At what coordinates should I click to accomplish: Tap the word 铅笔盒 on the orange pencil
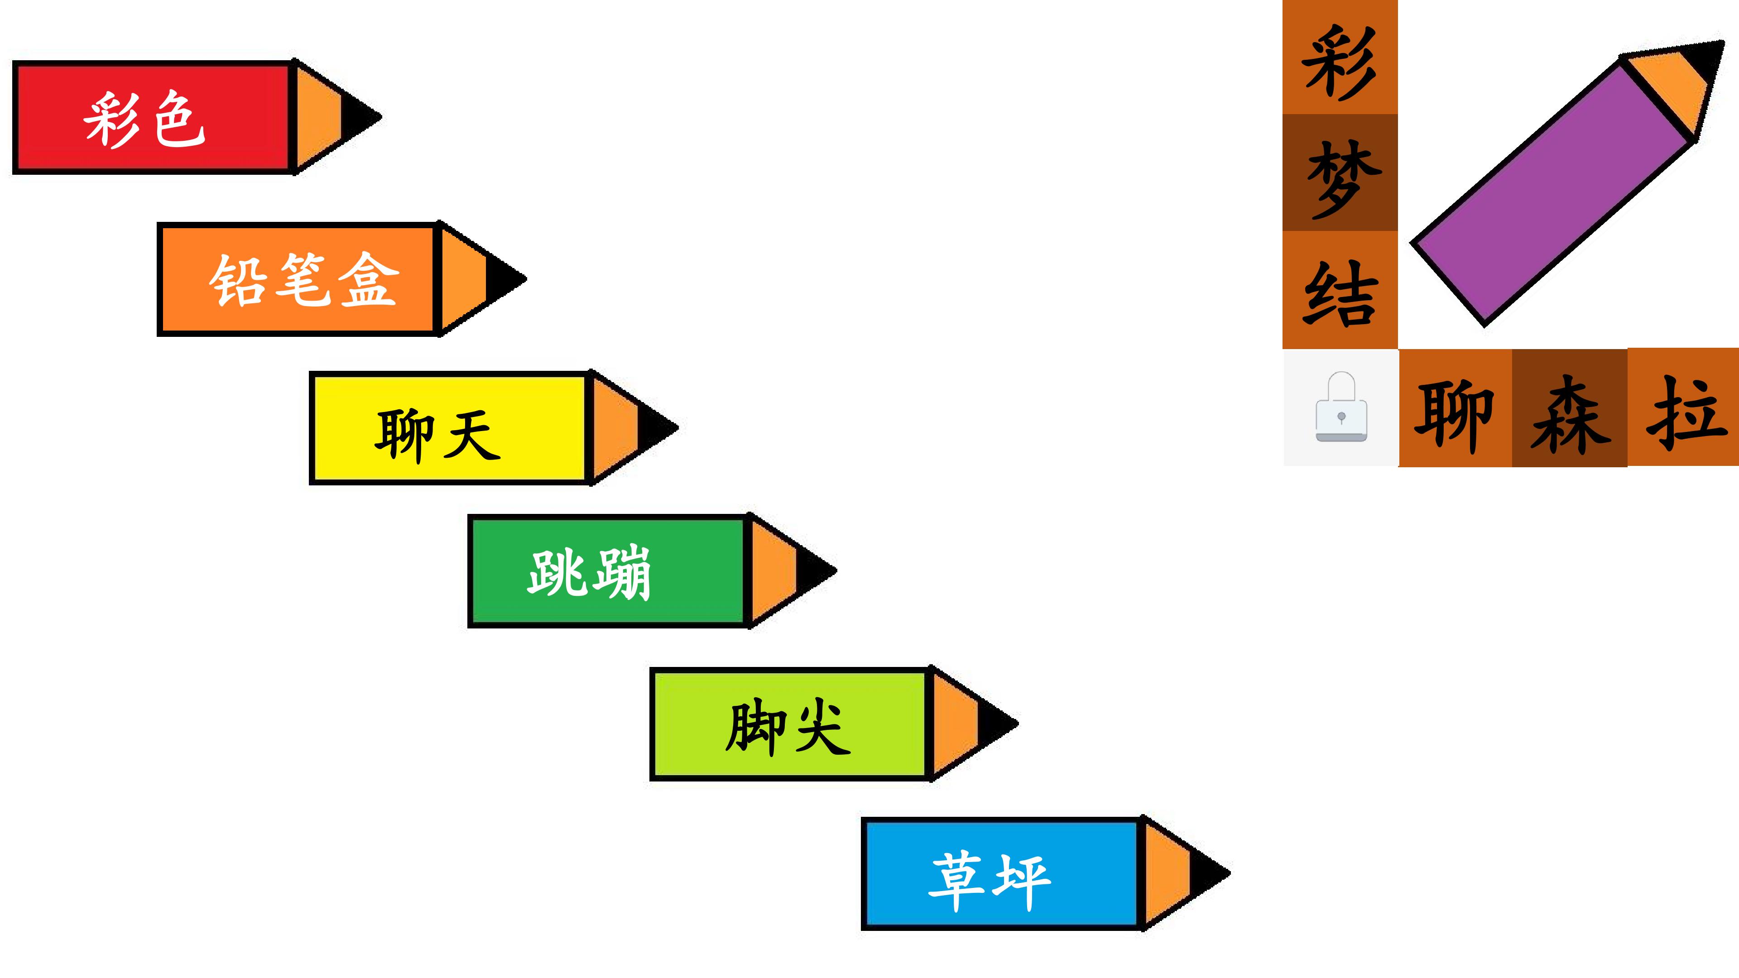(x=304, y=279)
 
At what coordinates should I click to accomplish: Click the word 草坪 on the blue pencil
(x=990, y=880)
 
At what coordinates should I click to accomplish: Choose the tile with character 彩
(x=1340, y=58)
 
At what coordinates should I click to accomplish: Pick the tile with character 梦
(x=1340, y=173)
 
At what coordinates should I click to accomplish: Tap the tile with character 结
(x=1340, y=290)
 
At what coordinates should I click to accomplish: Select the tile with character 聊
(x=1456, y=407)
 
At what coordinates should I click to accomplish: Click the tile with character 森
(x=1570, y=407)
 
